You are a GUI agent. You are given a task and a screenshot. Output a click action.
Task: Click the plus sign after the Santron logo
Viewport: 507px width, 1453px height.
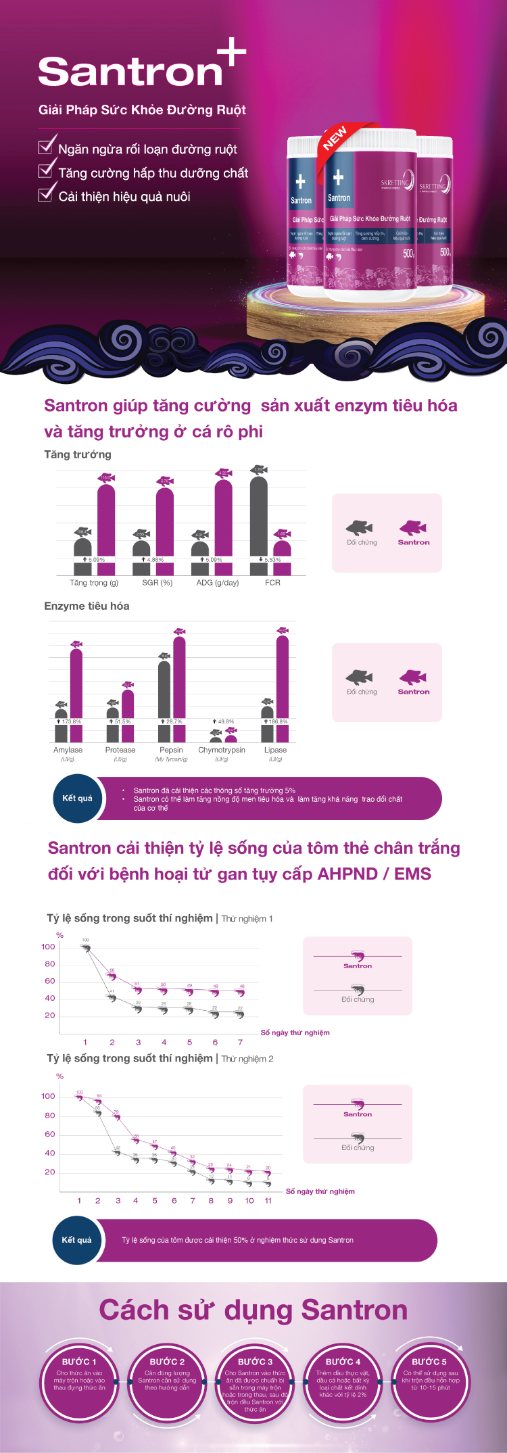coord(232,53)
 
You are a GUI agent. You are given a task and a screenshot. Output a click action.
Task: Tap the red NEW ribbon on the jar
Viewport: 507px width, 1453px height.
coord(335,137)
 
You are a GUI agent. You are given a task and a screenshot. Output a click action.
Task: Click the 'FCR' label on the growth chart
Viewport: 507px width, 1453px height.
coord(272,582)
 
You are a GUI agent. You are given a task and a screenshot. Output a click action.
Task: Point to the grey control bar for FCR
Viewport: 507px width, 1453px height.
coord(258,521)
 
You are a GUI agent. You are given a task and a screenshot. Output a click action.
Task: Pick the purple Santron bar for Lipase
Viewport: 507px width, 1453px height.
coord(283,676)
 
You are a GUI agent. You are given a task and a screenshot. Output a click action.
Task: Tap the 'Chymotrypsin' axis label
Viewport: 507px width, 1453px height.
coord(222,750)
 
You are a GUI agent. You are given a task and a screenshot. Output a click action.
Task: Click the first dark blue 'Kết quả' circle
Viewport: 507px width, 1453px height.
coord(77,799)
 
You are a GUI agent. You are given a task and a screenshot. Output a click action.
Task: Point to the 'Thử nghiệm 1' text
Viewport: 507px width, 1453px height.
coord(247,919)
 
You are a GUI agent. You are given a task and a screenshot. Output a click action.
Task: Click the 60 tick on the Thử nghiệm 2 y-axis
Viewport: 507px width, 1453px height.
coord(50,1134)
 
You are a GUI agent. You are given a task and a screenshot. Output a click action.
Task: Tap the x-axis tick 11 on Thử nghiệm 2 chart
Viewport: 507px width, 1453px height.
coord(268,1200)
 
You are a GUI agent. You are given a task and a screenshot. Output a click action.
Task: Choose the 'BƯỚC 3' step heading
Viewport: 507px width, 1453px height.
coord(255,1361)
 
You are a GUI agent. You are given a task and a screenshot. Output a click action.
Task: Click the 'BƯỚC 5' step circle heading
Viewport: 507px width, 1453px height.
coord(429,1361)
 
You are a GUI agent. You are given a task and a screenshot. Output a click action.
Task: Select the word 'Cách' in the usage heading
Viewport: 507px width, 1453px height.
coord(132,1310)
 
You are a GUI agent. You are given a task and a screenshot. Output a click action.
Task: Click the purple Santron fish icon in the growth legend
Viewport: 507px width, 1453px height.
coord(413,527)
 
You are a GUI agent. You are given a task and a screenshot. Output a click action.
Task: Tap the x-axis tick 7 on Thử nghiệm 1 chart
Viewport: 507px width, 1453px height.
coord(240,1042)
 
